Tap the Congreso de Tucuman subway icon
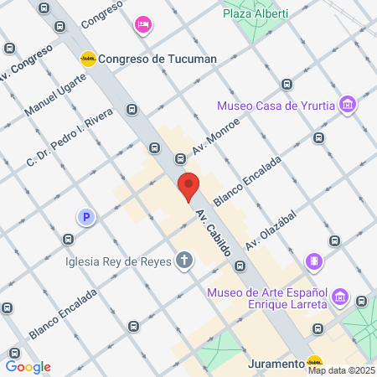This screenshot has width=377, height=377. (x=87, y=58)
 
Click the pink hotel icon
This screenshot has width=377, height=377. (x=142, y=24)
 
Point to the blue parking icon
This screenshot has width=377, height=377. (x=85, y=218)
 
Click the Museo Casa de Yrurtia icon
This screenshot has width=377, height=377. (x=349, y=106)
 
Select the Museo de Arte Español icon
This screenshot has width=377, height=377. (x=340, y=297)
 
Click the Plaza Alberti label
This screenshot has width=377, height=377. (x=256, y=13)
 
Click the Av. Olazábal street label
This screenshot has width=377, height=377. (x=271, y=229)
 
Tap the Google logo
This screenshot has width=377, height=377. (x=28, y=366)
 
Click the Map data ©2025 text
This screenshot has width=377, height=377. (x=341, y=370)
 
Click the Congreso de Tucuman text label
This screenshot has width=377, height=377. (x=158, y=59)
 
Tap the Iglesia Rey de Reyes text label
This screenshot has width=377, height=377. (x=119, y=261)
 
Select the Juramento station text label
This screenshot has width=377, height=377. (x=276, y=364)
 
